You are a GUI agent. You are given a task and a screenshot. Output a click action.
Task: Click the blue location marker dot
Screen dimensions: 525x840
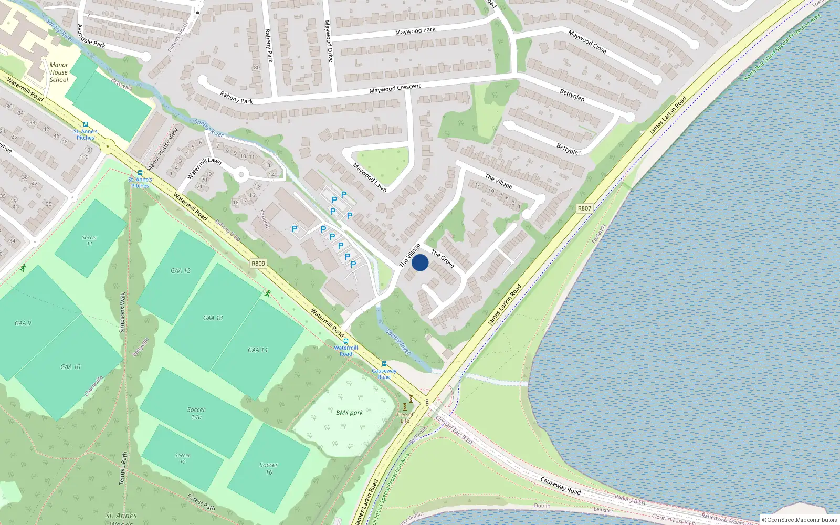click(420, 262)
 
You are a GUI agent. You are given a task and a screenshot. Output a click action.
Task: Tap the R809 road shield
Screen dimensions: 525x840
click(258, 264)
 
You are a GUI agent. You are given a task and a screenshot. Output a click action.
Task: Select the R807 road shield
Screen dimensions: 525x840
click(584, 208)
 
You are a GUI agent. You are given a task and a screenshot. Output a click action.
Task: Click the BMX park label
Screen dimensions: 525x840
click(349, 413)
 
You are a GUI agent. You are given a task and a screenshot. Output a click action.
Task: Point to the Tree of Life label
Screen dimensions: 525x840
click(405, 417)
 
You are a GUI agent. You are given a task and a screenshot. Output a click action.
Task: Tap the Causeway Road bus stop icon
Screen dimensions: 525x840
click(384, 364)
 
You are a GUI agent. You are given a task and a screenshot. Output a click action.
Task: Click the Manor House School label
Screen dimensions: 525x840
click(59, 72)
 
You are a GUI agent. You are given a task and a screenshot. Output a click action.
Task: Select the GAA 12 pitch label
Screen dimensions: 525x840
click(181, 271)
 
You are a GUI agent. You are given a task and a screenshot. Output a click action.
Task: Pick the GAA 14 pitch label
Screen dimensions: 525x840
click(258, 350)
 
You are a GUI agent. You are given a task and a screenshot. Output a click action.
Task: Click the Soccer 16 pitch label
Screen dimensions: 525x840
click(269, 468)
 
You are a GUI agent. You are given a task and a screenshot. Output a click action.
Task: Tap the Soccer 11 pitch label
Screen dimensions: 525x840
click(89, 240)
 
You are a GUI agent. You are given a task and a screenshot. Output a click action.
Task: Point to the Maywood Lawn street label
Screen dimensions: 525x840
click(370, 177)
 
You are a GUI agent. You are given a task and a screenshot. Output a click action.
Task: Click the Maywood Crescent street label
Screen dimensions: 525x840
click(395, 88)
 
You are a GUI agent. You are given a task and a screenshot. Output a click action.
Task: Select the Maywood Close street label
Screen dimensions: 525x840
click(587, 41)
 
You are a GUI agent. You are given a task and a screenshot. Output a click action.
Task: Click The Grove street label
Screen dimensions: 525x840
click(443, 258)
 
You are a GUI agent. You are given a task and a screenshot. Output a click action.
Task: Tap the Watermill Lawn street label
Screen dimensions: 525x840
click(204, 167)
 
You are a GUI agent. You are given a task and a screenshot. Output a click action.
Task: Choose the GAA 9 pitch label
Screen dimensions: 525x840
click(23, 323)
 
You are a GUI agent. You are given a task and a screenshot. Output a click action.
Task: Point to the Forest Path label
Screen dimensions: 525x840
click(202, 502)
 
